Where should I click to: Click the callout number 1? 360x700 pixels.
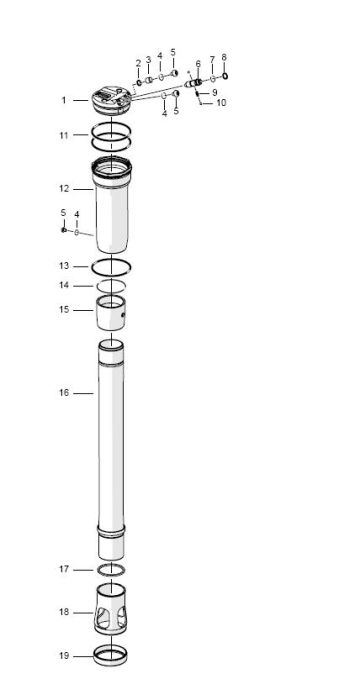(63, 100)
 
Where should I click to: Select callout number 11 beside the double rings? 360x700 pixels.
(63, 134)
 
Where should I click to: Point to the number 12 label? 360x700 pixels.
(63, 188)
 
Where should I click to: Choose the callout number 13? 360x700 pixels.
(63, 266)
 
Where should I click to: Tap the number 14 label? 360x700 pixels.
(63, 286)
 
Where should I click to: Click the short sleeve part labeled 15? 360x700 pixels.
(113, 315)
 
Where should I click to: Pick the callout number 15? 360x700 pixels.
(63, 310)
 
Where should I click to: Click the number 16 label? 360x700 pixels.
(63, 393)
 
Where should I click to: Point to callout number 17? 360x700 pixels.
(63, 569)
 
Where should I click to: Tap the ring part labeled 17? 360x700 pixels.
(112, 569)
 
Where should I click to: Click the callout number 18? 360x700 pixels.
(63, 612)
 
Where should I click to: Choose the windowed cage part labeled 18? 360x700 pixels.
(112, 612)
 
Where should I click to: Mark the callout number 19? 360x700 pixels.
(63, 656)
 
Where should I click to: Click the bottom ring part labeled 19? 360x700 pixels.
(112, 656)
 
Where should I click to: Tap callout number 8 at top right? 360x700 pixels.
(223, 58)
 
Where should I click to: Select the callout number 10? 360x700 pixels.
(221, 103)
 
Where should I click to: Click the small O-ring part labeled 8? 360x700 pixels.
(226, 74)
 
